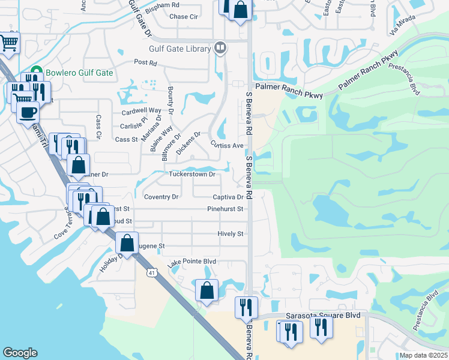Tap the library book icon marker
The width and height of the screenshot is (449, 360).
point(220,47)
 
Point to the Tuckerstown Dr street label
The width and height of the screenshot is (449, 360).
point(191,175)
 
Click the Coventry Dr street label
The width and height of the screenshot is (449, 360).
point(161,197)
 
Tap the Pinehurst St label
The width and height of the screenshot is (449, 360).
point(225,209)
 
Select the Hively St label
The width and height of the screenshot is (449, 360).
point(231,234)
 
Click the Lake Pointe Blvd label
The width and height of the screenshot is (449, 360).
point(191,263)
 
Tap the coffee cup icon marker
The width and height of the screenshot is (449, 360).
point(28,112)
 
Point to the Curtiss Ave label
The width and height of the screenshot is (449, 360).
point(227,145)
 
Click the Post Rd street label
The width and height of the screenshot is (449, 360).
point(145,62)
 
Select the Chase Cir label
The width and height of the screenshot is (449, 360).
point(184,17)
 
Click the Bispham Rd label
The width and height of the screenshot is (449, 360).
point(162,5)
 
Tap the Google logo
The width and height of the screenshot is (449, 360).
point(20,353)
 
